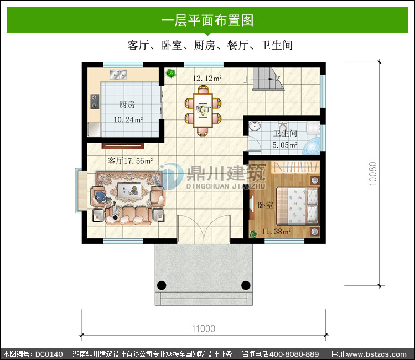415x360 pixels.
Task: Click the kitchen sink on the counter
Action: click(118, 74)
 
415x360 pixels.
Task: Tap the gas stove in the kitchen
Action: click(95, 102)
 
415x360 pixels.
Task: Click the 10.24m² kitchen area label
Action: click(128, 120)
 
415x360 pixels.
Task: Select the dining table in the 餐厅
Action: click(203, 111)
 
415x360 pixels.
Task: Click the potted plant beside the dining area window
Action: click(170, 73)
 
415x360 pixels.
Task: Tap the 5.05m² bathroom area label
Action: click(285, 145)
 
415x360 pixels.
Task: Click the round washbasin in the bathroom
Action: click(255, 126)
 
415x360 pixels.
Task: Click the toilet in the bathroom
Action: click(283, 127)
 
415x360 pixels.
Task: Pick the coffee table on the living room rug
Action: click(129, 190)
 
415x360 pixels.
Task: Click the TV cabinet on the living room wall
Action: click(123, 145)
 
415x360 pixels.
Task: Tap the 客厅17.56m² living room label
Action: click(130, 161)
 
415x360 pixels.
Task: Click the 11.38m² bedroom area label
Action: click(277, 232)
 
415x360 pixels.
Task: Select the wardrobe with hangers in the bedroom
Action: click(295, 167)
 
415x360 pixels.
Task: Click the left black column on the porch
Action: click(162, 285)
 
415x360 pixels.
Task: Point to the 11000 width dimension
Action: click(204, 329)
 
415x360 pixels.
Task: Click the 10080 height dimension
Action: click(372, 174)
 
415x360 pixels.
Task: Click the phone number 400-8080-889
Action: click(294, 354)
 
